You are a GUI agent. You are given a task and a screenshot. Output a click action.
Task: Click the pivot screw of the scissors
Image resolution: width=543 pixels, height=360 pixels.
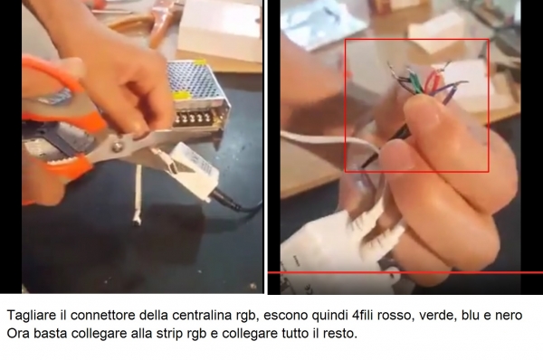click(118, 147)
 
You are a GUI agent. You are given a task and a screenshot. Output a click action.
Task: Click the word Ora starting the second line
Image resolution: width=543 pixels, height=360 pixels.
click(18, 334)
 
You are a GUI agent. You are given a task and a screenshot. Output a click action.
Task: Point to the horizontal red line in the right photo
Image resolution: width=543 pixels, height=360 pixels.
click(405, 272)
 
